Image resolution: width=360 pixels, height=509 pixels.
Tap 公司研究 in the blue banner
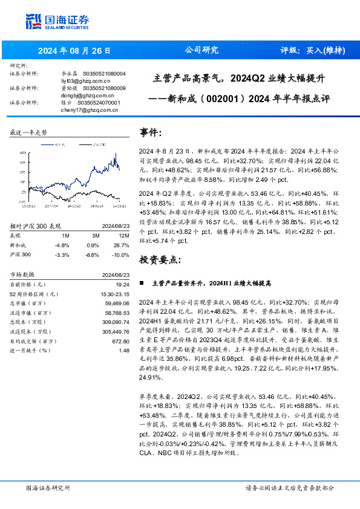click(201, 50)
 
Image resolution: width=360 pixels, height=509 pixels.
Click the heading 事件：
click(151, 132)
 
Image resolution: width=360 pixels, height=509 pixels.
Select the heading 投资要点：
click(160, 259)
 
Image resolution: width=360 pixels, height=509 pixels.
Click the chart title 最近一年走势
click(28, 132)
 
